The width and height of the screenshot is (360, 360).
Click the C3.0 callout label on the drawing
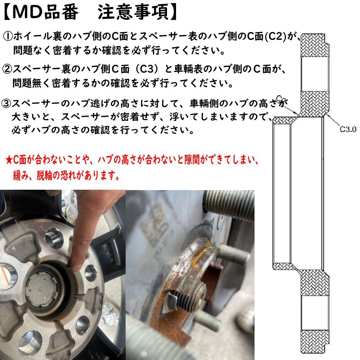pos(348,129)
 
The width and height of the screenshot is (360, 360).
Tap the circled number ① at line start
pos(8,36)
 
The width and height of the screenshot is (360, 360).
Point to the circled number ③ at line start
pos(8,104)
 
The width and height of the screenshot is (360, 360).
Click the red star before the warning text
pos(9,159)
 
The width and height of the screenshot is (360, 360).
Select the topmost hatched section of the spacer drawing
pos(315,46)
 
